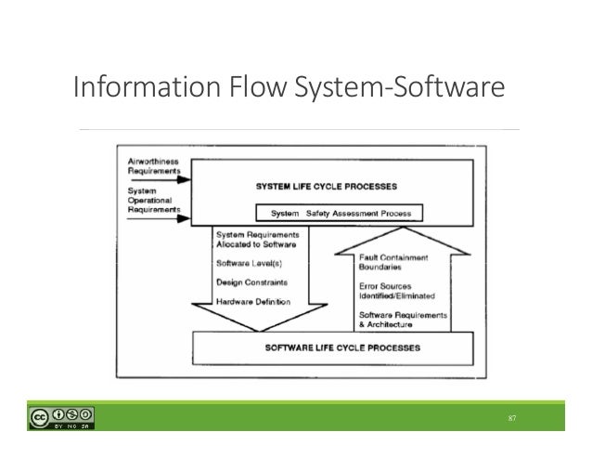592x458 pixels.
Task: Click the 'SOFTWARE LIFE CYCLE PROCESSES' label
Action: [328, 349]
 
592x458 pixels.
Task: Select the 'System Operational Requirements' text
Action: [151, 197]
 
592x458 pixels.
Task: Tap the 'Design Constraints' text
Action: [251, 282]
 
